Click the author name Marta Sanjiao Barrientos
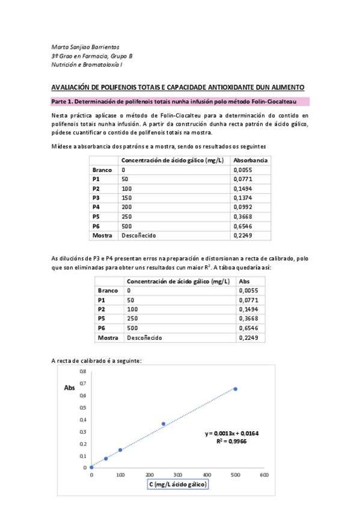point(85,47)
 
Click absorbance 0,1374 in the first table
point(243,198)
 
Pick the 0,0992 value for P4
point(243,207)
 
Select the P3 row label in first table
point(96,198)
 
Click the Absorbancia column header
point(251,161)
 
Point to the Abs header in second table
point(245,281)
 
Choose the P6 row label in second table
point(102,328)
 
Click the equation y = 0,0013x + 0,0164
point(232,433)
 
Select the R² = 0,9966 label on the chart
point(232,441)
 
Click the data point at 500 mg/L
point(235,389)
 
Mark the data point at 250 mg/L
point(163,424)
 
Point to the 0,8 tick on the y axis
point(84,372)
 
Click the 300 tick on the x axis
point(177,475)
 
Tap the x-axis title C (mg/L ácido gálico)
point(177,485)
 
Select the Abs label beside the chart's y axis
point(69,388)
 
